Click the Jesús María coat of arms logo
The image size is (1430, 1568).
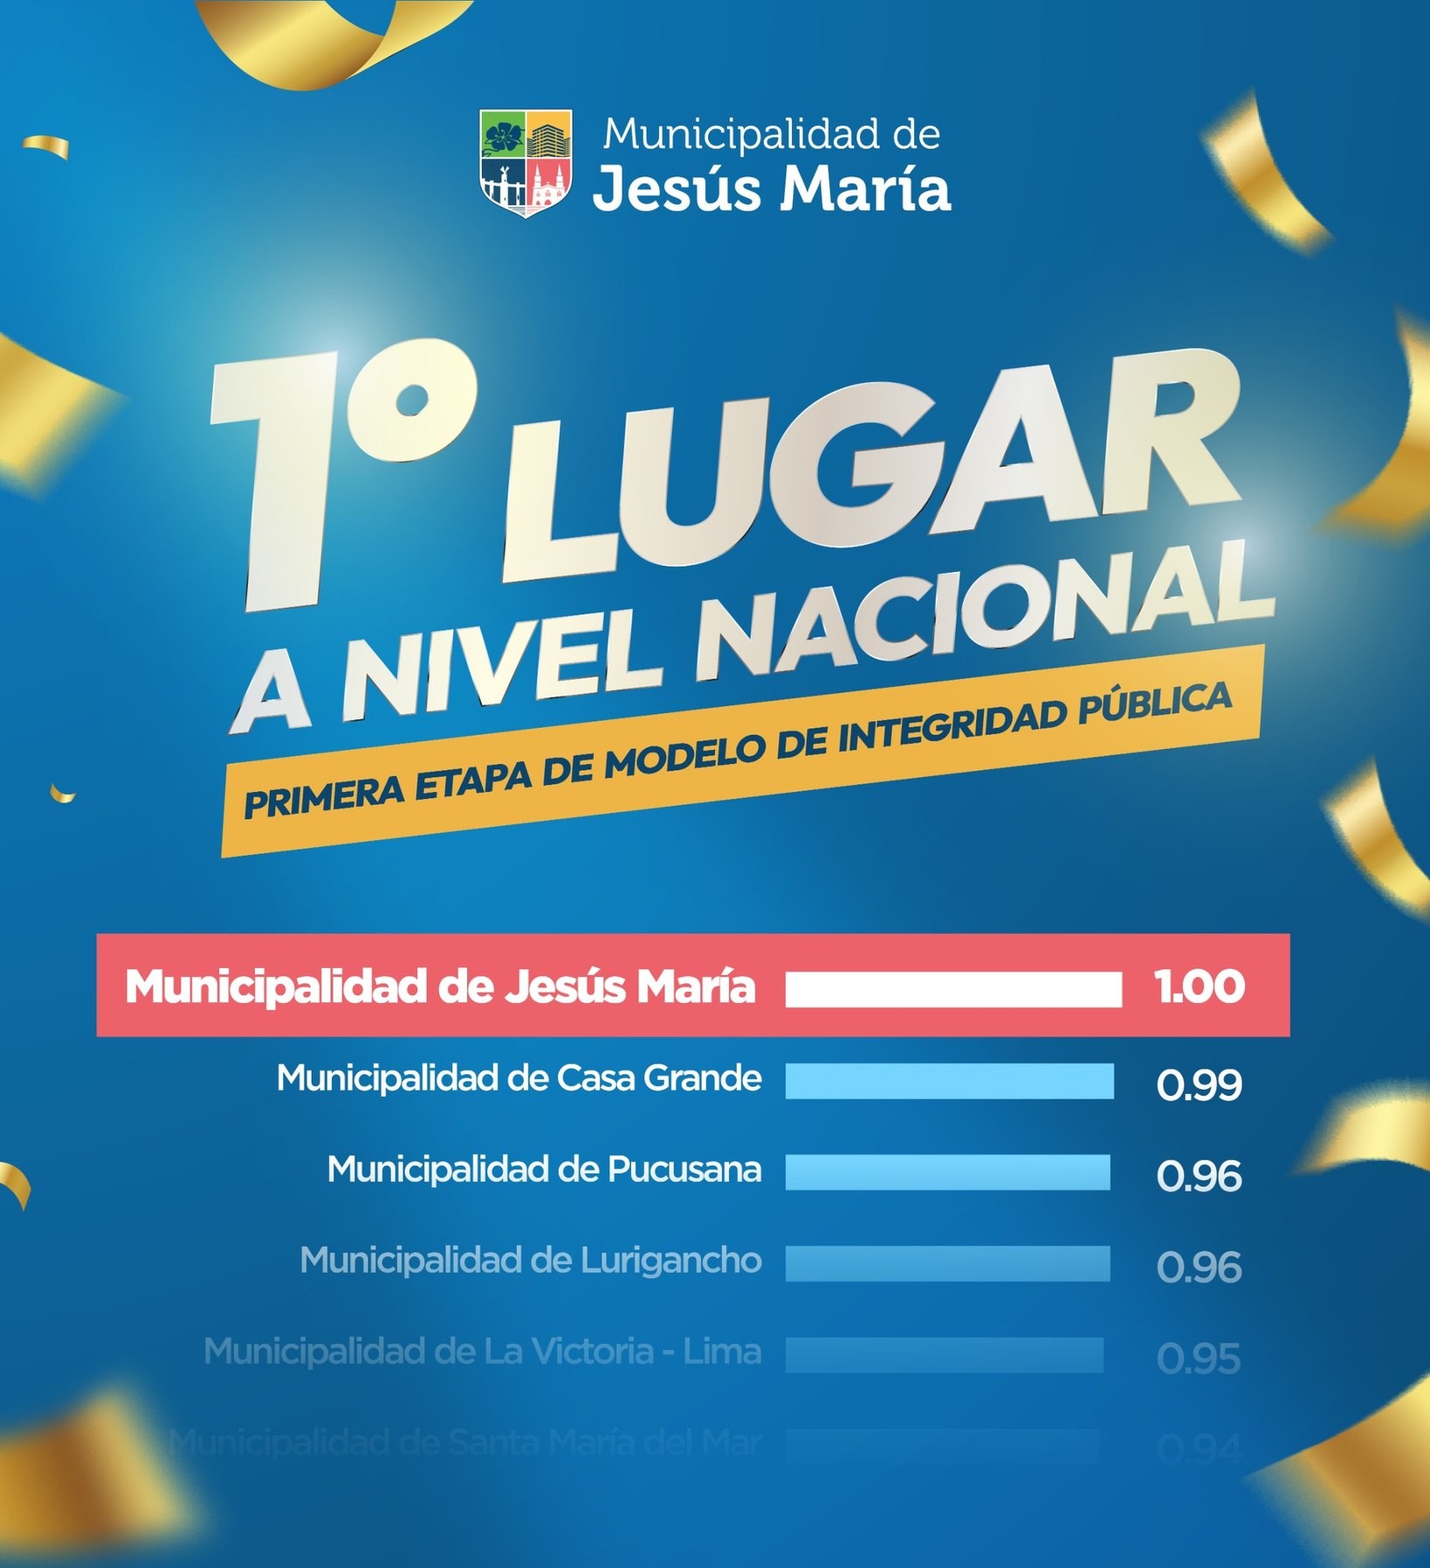(x=526, y=162)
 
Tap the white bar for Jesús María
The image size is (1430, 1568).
(x=952, y=990)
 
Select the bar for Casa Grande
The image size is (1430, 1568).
(x=949, y=1081)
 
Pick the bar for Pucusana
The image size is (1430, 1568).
(x=947, y=1172)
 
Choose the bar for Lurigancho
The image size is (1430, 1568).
(x=947, y=1263)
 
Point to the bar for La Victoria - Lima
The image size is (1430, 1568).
(x=944, y=1355)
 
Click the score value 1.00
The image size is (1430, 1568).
(x=1200, y=987)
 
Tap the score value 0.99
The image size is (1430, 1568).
(x=1199, y=1084)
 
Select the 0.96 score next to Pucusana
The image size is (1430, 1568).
(x=1199, y=1176)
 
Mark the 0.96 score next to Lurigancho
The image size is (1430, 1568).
(x=1199, y=1268)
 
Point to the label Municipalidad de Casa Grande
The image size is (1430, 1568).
(x=519, y=1079)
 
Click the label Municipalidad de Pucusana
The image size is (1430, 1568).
(x=544, y=1170)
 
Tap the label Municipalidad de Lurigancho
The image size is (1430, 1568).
(x=531, y=1261)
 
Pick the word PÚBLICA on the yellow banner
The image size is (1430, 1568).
(x=1154, y=705)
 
